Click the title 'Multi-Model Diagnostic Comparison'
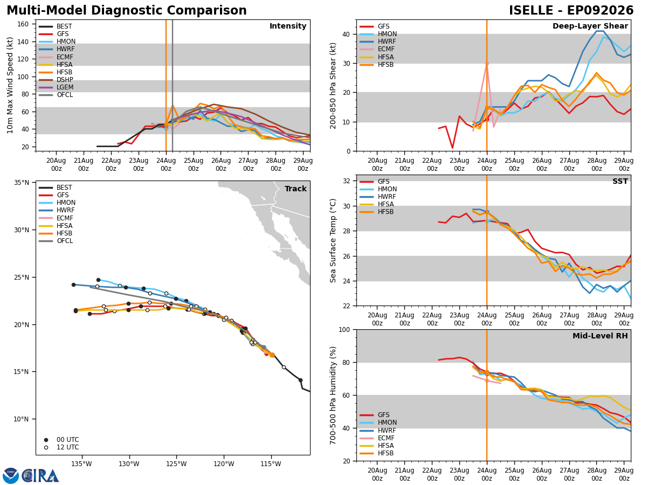pos(127,11)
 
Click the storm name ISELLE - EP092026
pos(571,11)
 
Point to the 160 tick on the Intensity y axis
pos(23,24)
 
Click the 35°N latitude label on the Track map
pos(22,183)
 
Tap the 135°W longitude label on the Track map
pos(81,464)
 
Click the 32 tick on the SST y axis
pos(346,181)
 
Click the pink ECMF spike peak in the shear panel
pos(487,63)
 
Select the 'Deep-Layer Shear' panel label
pos(590,26)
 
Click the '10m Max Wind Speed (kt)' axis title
pos(10,85)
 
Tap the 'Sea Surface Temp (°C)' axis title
pos(333,240)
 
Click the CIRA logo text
pos(40,476)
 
